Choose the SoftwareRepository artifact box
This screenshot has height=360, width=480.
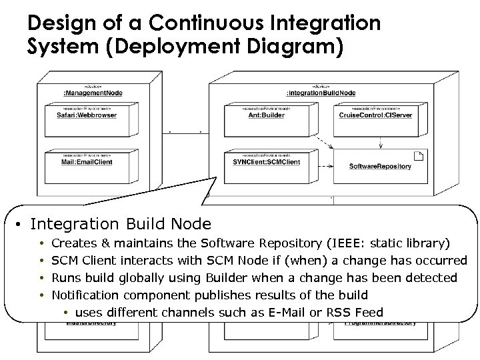coord(380,166)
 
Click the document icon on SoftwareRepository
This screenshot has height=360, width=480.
coord(418,157)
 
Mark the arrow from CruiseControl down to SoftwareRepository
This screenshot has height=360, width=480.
coord(380,141)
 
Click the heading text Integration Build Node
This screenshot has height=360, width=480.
coord(121,225)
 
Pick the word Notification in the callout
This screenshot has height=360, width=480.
coord(83,295)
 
